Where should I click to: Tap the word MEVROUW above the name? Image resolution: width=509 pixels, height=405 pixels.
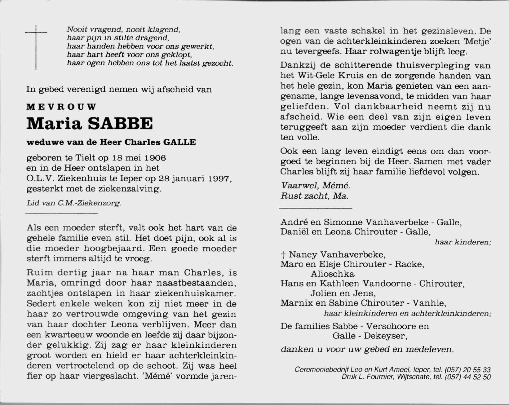(61, 107)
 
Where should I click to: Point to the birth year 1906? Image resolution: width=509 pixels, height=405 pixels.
(155, 158)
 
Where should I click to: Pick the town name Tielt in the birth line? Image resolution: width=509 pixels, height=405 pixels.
(86, 158)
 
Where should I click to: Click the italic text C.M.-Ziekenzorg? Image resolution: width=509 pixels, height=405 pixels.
(89, 203)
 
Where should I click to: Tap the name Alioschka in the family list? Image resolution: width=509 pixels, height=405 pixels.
(332, 274)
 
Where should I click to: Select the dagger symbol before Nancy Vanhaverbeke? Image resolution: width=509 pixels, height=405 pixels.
(283, 255)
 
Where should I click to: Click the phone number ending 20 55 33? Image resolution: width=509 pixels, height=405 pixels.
(468, 370)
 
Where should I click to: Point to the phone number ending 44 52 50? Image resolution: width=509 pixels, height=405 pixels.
(468, 377)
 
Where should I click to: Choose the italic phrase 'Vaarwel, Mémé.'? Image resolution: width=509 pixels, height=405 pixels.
(315, 186)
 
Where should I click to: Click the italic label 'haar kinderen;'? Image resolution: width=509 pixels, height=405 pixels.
(463, 242)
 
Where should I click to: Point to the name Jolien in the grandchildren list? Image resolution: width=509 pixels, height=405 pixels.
(324, 293)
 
